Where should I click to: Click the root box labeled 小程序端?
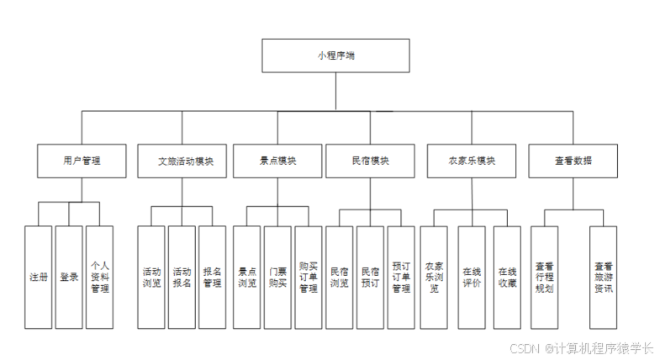coord(335,56)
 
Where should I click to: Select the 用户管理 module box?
coord(82,161)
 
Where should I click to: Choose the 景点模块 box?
coord(277,161)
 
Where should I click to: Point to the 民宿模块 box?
coord(370,161)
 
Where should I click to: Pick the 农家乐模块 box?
coord(472,161)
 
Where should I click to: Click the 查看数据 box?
coord(573,161)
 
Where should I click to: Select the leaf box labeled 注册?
coord(39,277)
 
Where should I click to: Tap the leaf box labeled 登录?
coord(69,277)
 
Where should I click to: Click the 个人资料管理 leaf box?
coord(99,277)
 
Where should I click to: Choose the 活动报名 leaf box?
coord(182,277)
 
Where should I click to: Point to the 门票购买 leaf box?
coord(277,277)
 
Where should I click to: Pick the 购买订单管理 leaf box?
coord(309,277)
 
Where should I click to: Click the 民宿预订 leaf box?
coord(370,277)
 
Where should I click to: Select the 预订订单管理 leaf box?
coord(401,277)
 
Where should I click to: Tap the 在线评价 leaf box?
coord(472,277)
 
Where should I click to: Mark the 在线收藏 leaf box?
coord(507,277)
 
